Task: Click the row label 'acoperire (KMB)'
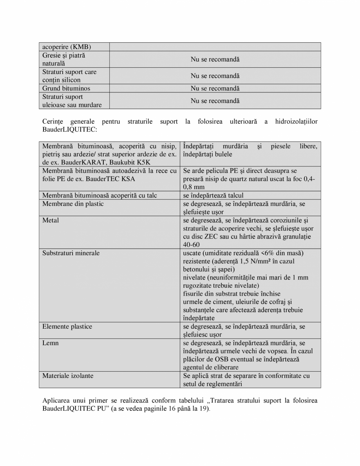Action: click(x=67, y=47)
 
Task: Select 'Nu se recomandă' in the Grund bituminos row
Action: click(x=215, y=89)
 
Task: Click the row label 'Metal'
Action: click(x=51, y=220)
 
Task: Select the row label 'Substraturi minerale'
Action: click(x=71, y=253)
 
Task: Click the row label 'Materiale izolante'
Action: click(x=68, y=376)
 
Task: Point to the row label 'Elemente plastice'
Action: click(x=67, y=327)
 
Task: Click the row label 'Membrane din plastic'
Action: click(x=73, y=204)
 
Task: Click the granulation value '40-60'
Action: click(x=191, y=245)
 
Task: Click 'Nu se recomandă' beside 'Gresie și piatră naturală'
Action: click(x=215, y=60)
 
